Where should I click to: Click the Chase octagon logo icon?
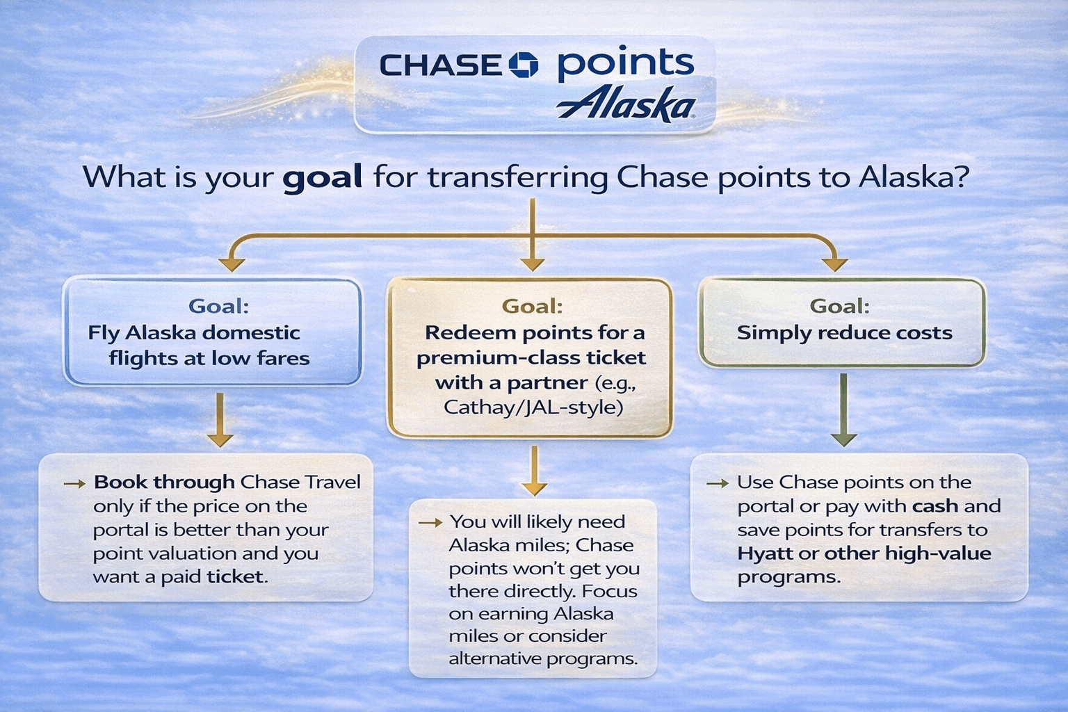524,65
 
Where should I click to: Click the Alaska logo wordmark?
626,105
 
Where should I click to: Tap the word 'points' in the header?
625,65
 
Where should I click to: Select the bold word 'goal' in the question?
322,177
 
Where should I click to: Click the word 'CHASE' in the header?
440,66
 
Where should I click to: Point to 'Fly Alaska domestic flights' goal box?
212,332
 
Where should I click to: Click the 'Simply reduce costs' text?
844,333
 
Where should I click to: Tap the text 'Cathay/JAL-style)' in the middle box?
533,407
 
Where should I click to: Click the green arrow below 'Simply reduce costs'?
843,410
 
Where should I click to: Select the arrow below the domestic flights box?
220,420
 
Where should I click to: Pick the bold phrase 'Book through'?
164,482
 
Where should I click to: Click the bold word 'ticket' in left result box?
235,576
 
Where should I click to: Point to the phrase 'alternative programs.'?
543,658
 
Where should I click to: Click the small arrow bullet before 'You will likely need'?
430,522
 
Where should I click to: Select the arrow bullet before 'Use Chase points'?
718,483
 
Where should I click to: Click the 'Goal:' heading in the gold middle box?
532,306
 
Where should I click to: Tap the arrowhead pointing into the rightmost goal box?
834,264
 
